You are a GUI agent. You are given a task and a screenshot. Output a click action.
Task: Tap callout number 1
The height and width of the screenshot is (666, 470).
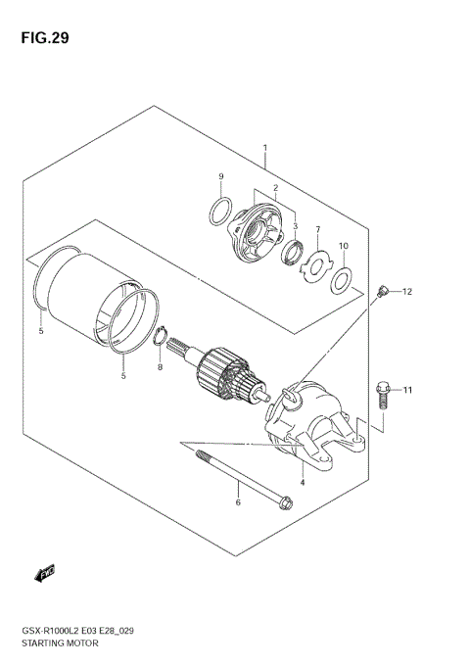tap(263, 149)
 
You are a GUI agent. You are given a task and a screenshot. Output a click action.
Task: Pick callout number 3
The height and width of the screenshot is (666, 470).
tap(296, 225)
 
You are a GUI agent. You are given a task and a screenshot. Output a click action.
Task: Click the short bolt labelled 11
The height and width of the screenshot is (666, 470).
tap(384, 397)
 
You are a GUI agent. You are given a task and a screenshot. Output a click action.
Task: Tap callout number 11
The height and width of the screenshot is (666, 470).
tap(408, 391)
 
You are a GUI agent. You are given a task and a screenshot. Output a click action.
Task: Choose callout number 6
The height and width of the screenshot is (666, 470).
tap(236, 502)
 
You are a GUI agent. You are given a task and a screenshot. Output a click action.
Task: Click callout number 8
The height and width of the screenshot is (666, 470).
tap(161, 367)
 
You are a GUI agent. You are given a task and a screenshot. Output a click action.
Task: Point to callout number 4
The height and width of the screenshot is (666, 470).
tap(303, 482)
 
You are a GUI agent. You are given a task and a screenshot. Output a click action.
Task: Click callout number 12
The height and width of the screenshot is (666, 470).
tap(407, 292)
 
